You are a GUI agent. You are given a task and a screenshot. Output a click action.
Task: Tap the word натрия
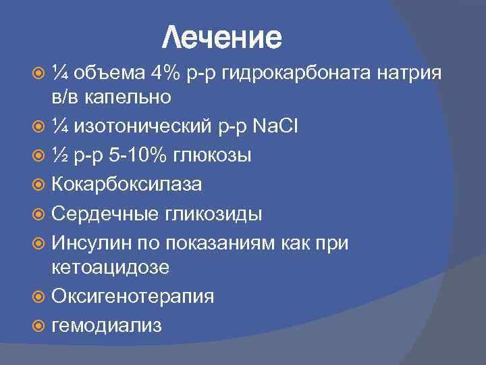[410, 72]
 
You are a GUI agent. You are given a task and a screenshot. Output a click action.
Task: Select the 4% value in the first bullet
[166, 72]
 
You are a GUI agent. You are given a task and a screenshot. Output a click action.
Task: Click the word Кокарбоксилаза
[126, 184]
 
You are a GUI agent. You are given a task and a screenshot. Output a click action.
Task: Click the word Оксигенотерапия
[133, 297]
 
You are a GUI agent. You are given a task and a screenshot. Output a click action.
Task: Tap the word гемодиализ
[107, 325]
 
